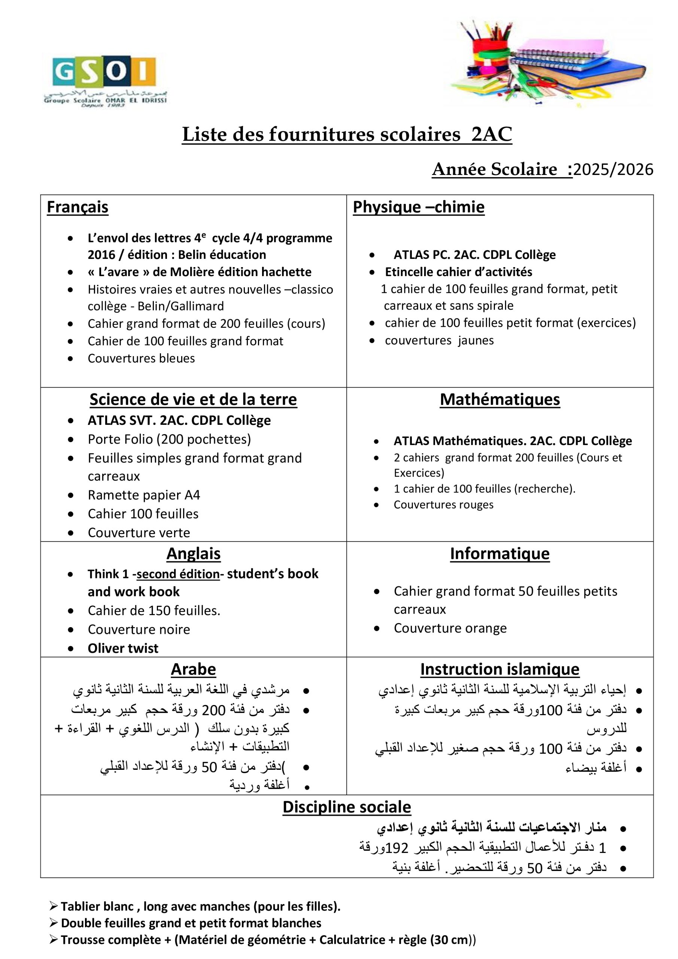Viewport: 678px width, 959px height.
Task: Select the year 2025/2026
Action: (x=613, y=170)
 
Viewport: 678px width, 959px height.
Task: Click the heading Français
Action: (x=77, y=207)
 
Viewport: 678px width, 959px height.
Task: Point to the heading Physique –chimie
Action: (x=418, y=207)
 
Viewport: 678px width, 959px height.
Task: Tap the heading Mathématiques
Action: (x=500, y=400)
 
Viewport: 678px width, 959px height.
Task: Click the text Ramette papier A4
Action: (x=144, y=495)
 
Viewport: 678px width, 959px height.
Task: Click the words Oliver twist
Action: (x=123, y=648)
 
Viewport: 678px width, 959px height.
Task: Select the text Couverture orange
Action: (x=450, y=628)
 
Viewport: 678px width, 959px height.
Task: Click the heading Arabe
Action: (x=193, y=669)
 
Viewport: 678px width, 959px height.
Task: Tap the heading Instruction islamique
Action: (x=500, y=669)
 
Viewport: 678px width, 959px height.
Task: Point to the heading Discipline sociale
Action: (x=347, y=807)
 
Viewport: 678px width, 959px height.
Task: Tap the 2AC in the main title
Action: (x=492, y=134)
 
